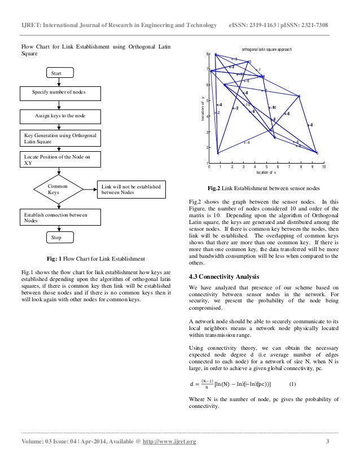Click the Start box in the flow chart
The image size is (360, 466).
coord(56,73)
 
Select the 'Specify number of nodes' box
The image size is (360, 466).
coord(61,93)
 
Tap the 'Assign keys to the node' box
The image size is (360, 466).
coord(61,116)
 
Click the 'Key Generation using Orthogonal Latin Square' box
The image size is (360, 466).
coord(61,139)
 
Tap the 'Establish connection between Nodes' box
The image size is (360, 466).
coord(61,218)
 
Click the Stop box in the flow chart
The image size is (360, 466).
coord(56,238)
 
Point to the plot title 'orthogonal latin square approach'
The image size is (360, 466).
coord(267,50)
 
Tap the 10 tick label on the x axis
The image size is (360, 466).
coord(323,168)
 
